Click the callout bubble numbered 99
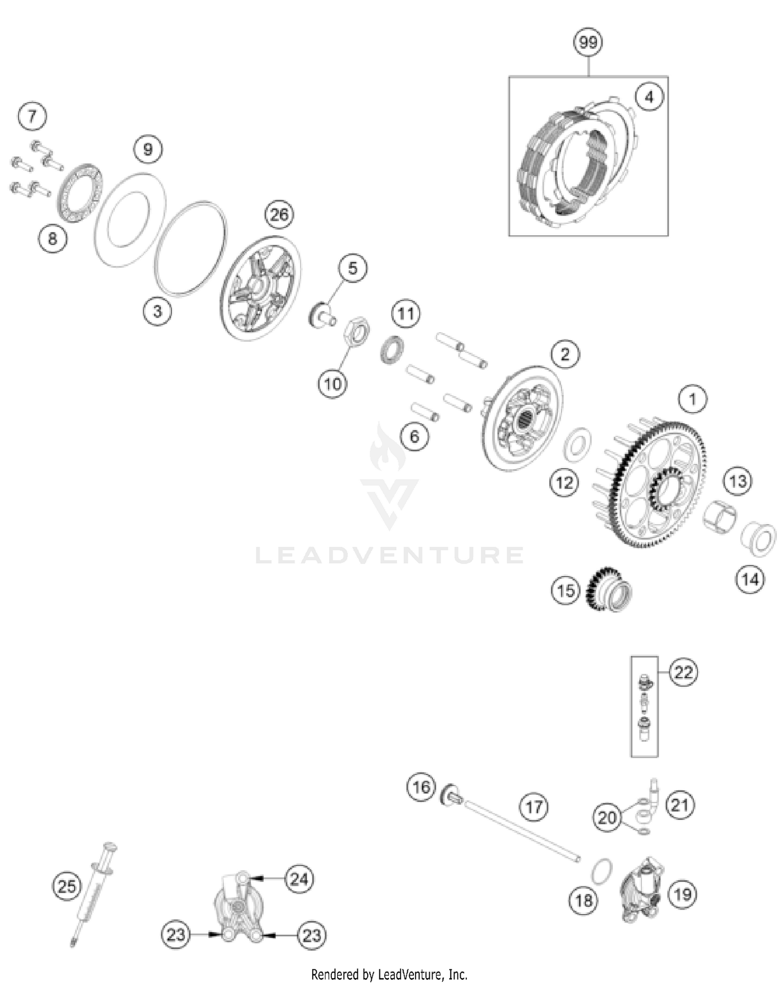pos(588,42)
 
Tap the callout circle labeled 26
pos(279,214)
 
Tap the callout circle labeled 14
pos(750,579)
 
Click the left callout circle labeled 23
pos(176,935)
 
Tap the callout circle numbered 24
pos(299,879)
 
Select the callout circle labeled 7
pos(32,116)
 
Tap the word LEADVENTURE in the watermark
pos(389,555)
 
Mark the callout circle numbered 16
pos(421,787)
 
